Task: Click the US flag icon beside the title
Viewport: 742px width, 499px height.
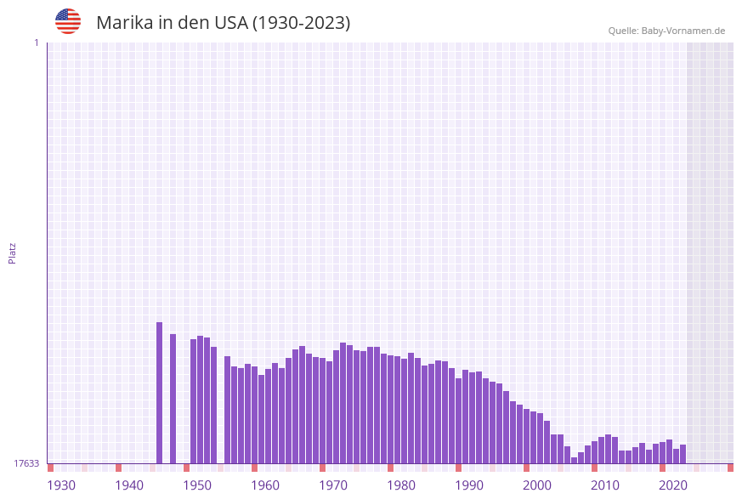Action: click(x=68, y=21)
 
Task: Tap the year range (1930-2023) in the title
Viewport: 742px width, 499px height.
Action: click(x=302, y=23)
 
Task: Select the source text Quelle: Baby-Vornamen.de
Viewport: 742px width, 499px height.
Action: click(x=666, y=31)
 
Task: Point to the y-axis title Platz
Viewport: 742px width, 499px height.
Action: click(x=13, y=253)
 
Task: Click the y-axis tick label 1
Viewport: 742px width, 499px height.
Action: click(x=36, y=43)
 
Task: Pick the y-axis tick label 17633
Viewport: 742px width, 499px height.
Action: click(x=26, y=463)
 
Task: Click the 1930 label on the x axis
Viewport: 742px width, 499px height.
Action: click(x=61, y=485)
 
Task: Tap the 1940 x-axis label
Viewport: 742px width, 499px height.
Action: click(x=129, y=485)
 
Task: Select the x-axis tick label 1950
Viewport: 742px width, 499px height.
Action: click(x=197, y=485)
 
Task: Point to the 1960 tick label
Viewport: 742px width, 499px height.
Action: click(x=265, y=485)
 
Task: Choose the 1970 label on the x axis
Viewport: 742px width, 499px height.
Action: click(x=333, y=485)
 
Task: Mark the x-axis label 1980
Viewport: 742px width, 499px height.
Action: click(x=401, y=485)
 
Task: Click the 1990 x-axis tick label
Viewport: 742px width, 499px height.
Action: click(x=469, y=485)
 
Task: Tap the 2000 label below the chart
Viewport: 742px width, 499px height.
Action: click(x=537, y=485)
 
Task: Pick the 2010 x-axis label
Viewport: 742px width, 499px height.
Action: click(x=605, y=485)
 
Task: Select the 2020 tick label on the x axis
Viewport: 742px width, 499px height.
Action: click(x=673, y=485)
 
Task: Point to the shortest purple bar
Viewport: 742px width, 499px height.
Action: click(x=574, y=460)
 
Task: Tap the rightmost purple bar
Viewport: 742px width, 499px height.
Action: click(x=683, y=454)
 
